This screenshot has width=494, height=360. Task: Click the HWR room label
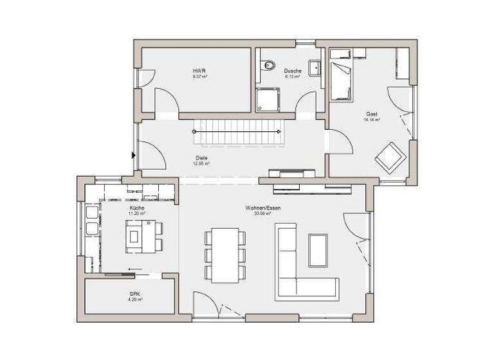(x=199, y=71)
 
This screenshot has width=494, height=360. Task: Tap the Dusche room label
(x=293, y=71)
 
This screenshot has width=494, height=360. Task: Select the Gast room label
(x=372, y=114)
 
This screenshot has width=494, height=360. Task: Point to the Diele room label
(x=201, y=157)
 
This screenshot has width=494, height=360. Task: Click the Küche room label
(x=136, y=208)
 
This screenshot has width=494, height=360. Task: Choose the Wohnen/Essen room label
(x=263, y=208)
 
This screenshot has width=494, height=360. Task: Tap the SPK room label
(x=134, y=294)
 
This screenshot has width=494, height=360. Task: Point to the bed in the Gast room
(x=341, y=81)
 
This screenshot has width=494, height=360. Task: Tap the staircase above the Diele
(x=238, y=132)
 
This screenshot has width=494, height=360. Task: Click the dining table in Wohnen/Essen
(x=224, y=254)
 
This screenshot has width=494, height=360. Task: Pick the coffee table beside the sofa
(x=318, y=249)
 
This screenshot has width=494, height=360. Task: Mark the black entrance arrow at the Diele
(x=133, y=154)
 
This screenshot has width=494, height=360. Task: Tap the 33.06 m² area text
(x=263, y=214)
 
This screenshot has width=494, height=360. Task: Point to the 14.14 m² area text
(x=372, y=120)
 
